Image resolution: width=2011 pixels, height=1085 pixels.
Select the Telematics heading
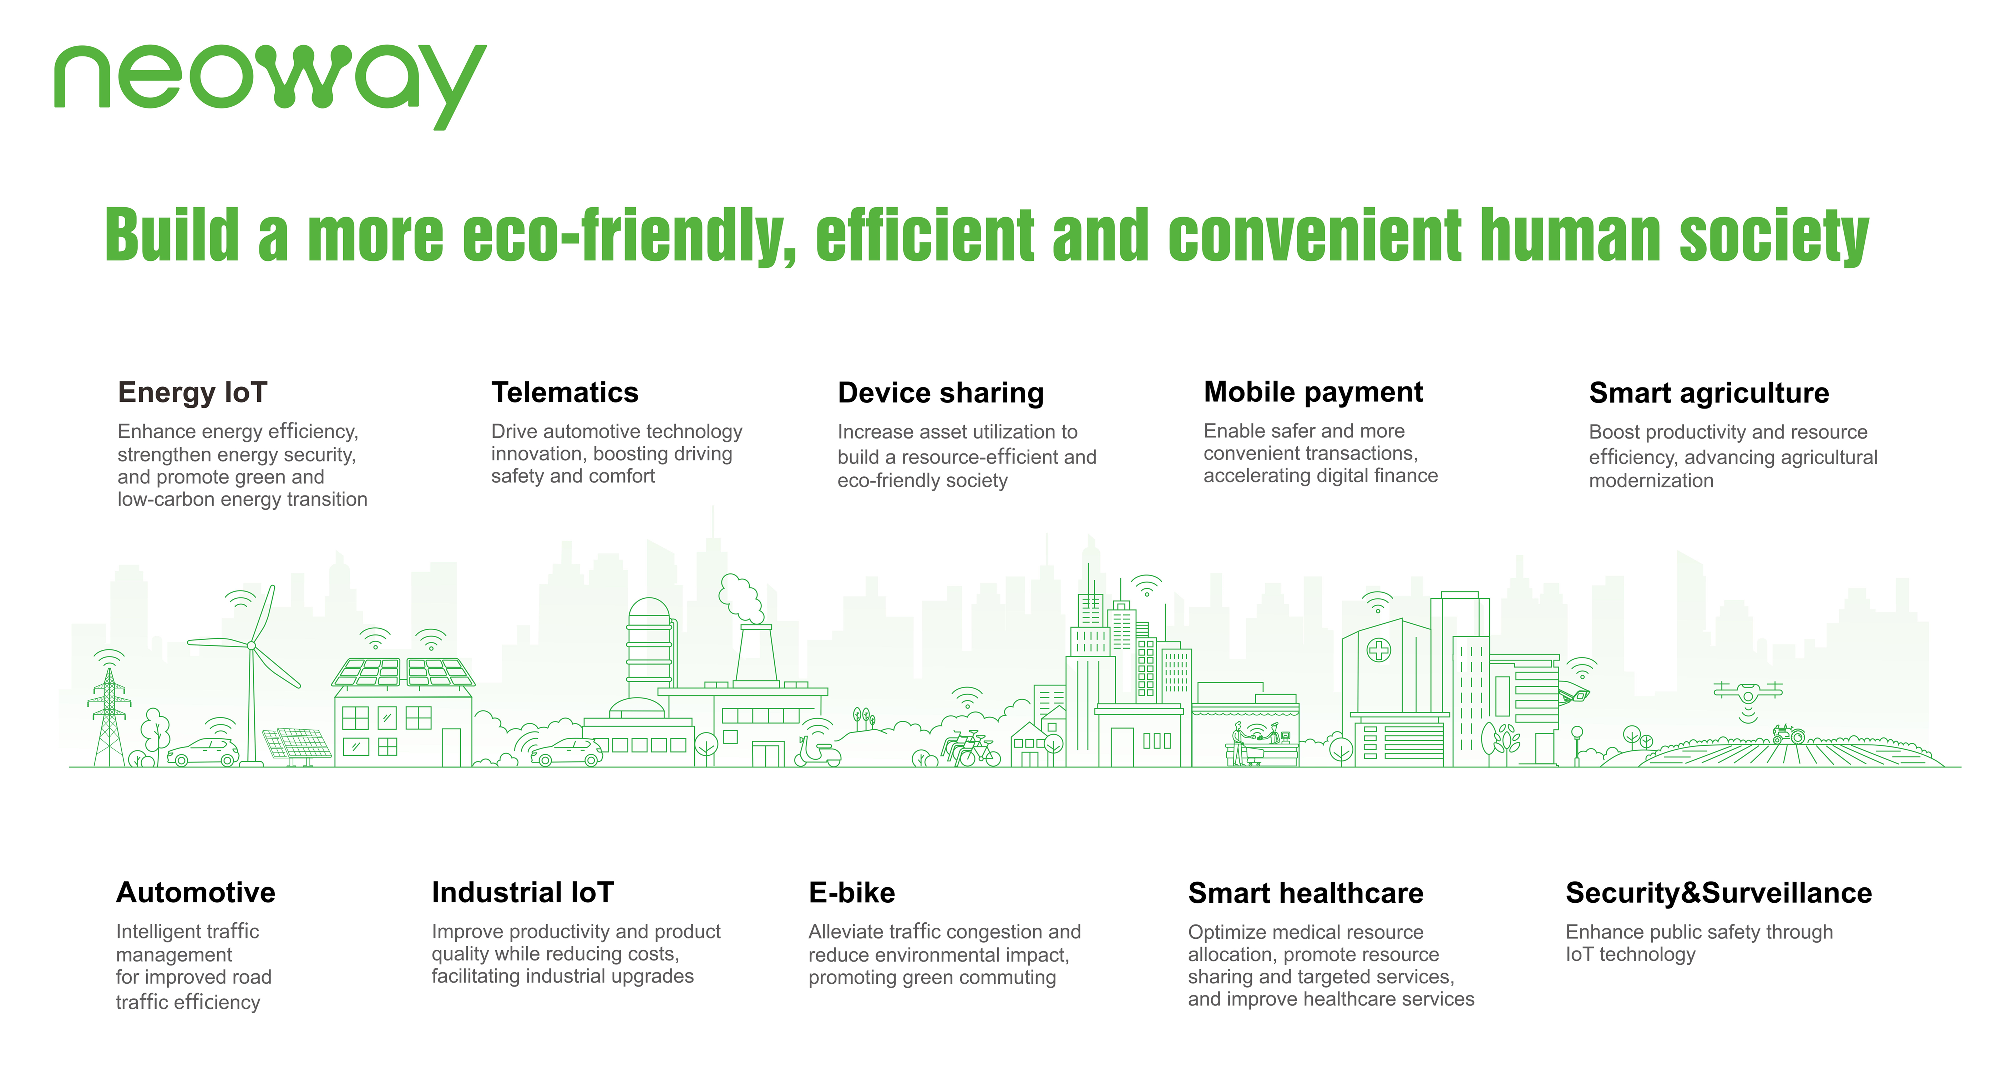pos(564,392)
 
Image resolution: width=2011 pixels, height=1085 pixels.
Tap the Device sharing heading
pos(941,392)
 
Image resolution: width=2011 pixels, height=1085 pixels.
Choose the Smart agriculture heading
pos(1709,392)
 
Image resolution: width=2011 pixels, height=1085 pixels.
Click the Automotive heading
pos(196,892)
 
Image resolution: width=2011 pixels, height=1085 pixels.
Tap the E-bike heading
pos(852,892)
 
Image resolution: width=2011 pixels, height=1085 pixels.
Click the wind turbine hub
pos(251,645)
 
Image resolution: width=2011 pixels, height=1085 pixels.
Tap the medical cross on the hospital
pos(1379,649)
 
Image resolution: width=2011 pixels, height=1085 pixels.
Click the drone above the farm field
pos(1748,691)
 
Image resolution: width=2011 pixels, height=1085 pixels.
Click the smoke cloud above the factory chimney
pos(740,599)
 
